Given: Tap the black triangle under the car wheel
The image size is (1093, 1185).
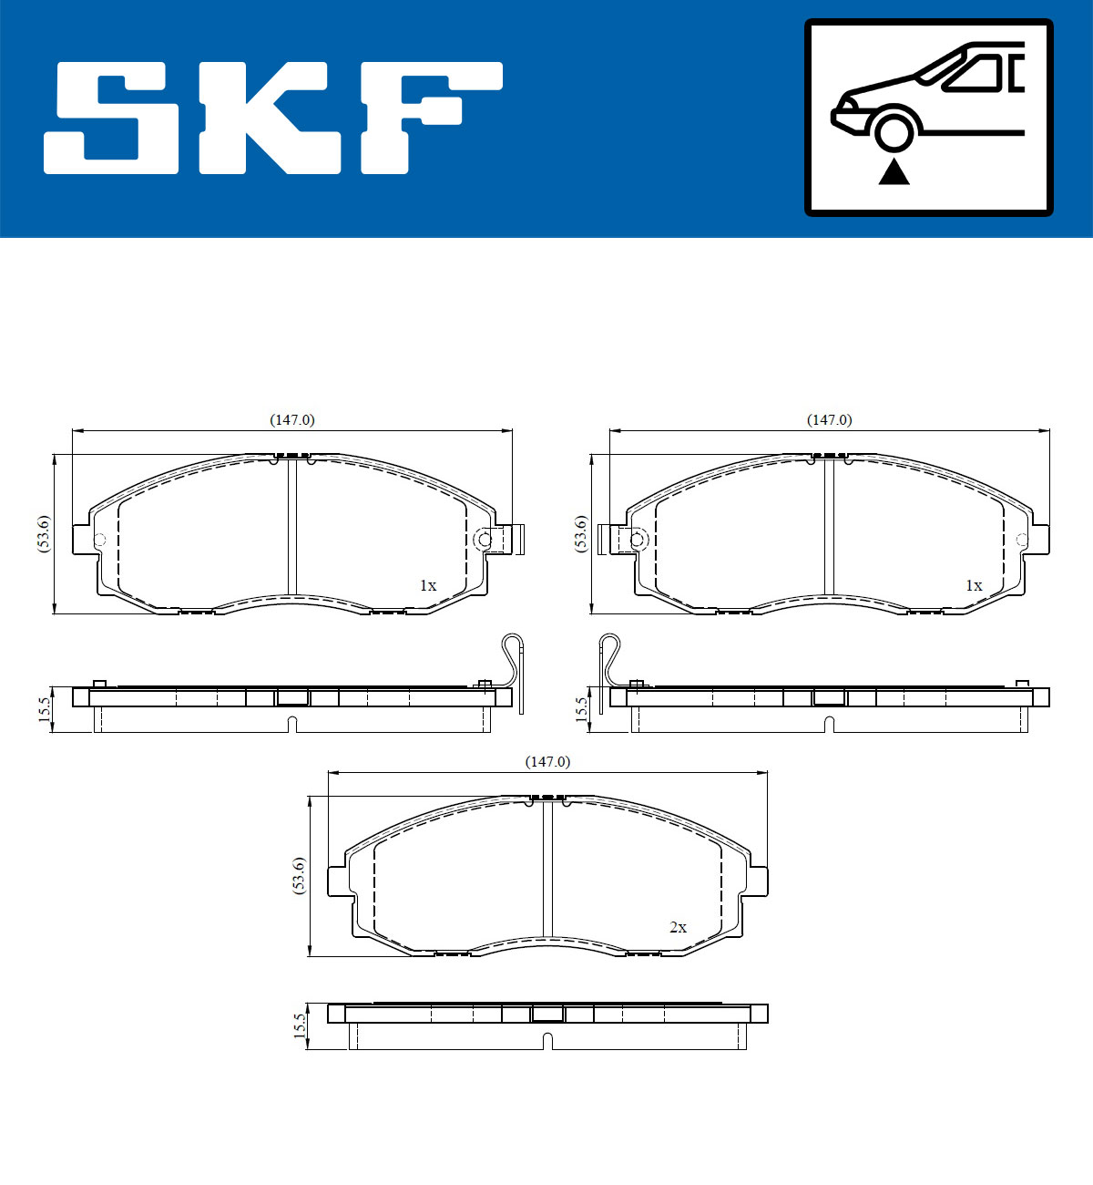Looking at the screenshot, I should tap(894, 171).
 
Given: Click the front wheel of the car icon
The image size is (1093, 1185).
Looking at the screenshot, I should tap(894, 129).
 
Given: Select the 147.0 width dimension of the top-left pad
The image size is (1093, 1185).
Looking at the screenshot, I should tap(291, 420).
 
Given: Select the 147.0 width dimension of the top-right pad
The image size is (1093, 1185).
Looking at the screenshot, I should tap(829, 420).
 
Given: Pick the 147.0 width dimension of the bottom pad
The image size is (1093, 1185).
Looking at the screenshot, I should tap(546, 762).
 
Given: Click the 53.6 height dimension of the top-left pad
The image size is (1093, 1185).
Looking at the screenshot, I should tap(43, 534).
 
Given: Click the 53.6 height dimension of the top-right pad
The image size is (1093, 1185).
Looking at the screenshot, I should tap(580, 534).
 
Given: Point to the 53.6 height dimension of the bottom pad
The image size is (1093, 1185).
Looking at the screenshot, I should tap(298, 876).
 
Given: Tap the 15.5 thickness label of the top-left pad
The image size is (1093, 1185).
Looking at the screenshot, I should tap(44, 709).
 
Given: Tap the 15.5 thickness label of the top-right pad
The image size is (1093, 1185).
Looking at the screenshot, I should tap(581, 709).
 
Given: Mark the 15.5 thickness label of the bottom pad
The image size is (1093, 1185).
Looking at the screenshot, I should tap(299, 1026).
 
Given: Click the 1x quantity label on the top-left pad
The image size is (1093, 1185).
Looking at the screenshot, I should tap(427, 585).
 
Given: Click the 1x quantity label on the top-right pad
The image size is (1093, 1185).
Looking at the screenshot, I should tap(974, 585).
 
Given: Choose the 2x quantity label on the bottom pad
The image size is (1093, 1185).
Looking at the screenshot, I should tap(678, 927).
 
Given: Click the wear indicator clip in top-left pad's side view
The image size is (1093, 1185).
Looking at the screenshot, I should tap(515, 665).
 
